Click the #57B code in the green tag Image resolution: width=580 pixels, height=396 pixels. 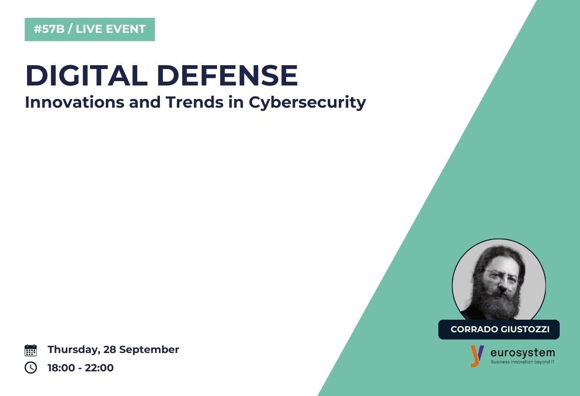pyautogui.click(x=49, y=29)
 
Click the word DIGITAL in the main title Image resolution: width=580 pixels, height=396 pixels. pyautogui.click(x=87, y=75)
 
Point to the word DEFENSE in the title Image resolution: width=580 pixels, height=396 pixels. pyautogui.click(x=227, y=75)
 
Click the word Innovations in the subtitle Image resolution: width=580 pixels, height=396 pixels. pyautogui.click(x=74, y=102)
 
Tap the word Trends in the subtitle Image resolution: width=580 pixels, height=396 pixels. pyautogui.click(x=195, y=102)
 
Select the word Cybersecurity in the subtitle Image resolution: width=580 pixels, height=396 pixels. pyautogui.click(x=307, y=103)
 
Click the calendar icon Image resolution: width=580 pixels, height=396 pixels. pyautogui.click(x=30, y=350)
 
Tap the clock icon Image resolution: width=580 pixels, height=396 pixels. pyautogui.click(x=30, y=368)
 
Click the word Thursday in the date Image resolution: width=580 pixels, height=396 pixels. pyautogui.click(x=74, y=350)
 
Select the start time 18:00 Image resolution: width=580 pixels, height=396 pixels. pyautogui.click(x=61, y=368)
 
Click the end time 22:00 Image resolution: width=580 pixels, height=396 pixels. pyautogui.click(x=99, y=368)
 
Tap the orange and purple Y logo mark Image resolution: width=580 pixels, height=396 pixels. pyautogui.click(x=477, y=356)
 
